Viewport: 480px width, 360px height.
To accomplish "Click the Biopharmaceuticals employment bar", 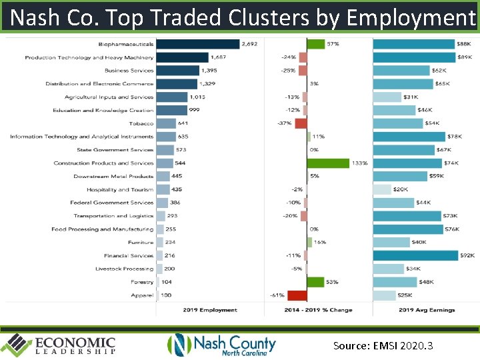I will tap(197, 44).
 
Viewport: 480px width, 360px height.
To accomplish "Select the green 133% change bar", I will tap(328, 163).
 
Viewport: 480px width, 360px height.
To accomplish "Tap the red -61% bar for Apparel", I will tap(297, 295).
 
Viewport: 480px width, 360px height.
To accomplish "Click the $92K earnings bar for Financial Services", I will tap(415, 255).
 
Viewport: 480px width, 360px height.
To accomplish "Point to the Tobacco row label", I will tap(141, 123).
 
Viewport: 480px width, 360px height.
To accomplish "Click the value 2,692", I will tap(250, 44).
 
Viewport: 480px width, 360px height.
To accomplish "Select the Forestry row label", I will tap(142, 282).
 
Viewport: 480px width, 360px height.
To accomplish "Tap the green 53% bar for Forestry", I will tap(315, 282).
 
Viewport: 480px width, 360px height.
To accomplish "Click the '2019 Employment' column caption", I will tap(210, 310).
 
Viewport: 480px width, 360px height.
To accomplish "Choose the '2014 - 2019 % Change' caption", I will tap(319, 310).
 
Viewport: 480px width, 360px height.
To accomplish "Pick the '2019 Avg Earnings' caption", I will tap(427, 310).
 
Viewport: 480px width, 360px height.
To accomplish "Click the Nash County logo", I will tap(221, 345).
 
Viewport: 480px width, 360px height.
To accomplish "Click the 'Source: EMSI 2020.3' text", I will tap(383, 345).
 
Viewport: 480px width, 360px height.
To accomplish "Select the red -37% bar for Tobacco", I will tap(301, 123).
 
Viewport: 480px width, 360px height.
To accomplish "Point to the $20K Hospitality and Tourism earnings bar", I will tap(382, 189).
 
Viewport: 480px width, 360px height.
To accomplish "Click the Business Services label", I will tap(129, 71).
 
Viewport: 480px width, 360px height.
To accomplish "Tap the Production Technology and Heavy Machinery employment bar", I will tap(182, 57).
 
